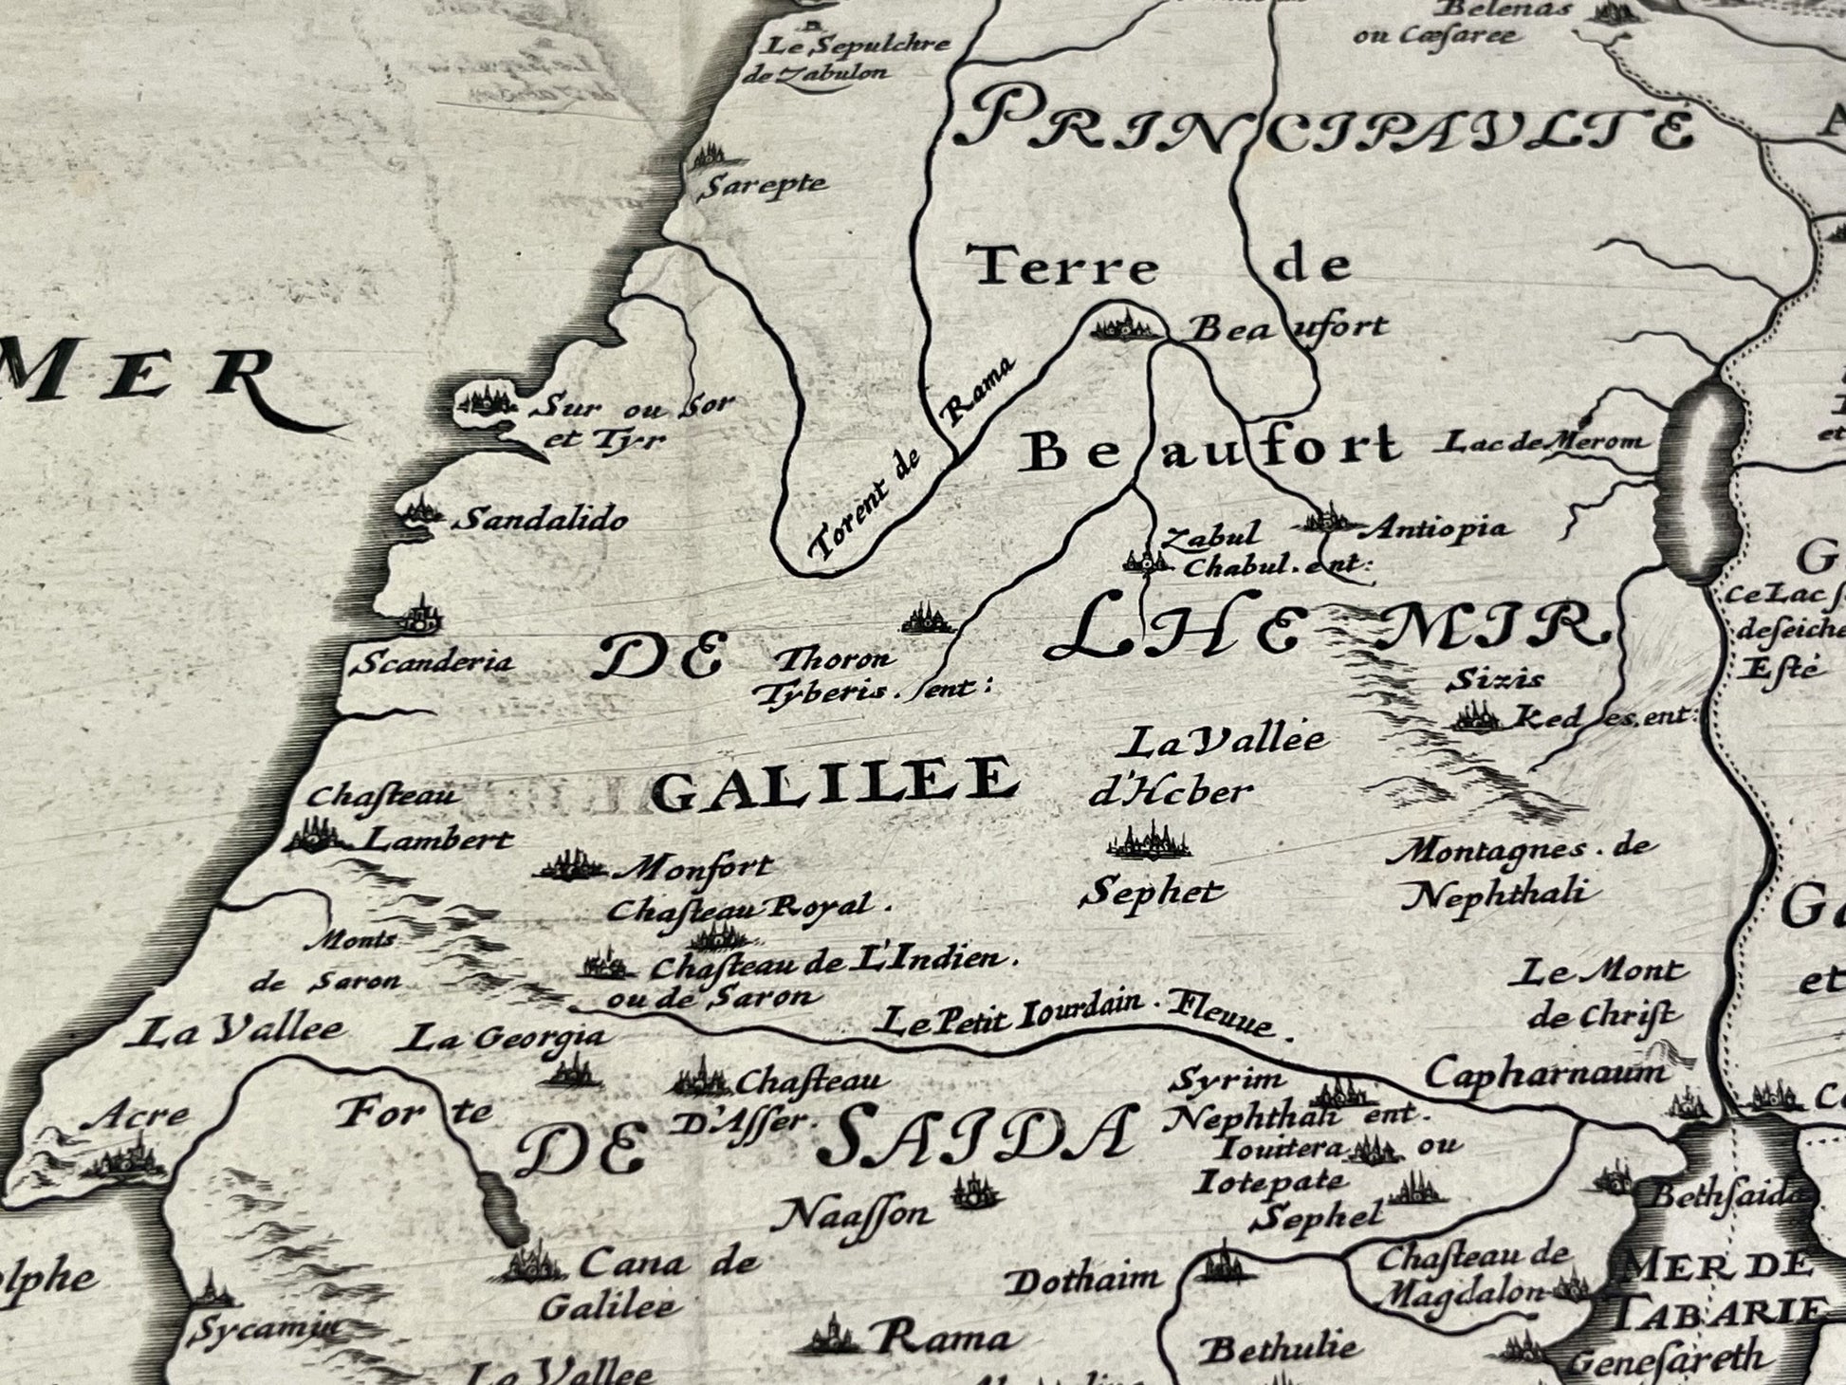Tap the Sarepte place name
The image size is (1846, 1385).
pyautogui.click(x=763, y=185)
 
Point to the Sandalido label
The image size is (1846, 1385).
pyautogui.click(x=541, y=519)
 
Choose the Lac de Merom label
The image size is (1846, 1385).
pyautogui.click(x=1543, y=441)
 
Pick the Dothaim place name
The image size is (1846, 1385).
pyautogui.click(x=1082, y=1281)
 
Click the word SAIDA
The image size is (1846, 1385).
pyautogui.click(x=977, y=1136)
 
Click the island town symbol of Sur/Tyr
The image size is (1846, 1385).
pyautogui.click(x=489, y=403)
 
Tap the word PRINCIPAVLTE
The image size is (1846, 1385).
pyautogui.click(x=1323, y=128)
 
